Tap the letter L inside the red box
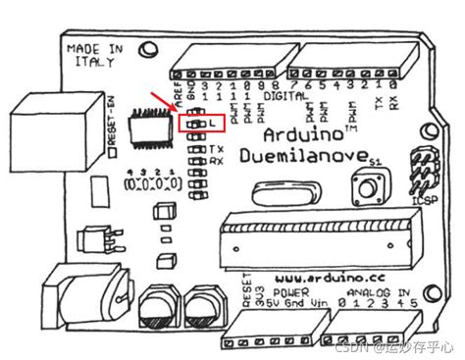(212, 124)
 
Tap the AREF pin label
(178, 93)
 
